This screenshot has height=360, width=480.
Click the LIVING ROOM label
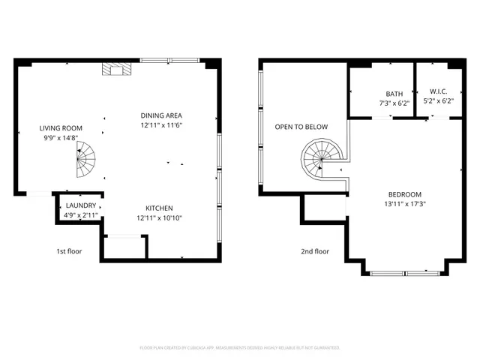(61, 128)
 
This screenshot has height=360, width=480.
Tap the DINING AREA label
(161, 115)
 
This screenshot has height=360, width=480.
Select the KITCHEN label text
(159, 208)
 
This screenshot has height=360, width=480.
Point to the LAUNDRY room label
(80, 205)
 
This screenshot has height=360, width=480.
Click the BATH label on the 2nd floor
(394, 94)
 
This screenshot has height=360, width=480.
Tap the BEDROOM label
(405, 193)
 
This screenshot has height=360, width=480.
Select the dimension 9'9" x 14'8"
(61, 138)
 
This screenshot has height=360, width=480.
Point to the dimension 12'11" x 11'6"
(161, 125)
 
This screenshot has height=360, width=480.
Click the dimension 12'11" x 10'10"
(159, 218)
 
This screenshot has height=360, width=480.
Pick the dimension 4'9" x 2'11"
(80, 215)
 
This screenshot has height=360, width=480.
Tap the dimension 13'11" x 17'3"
(405, 203)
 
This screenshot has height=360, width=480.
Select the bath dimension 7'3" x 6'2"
(394, 103)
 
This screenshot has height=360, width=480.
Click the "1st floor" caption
(69, 251)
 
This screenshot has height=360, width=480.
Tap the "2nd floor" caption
(315, 251)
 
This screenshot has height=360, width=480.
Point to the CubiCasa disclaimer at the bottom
(240, 348)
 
